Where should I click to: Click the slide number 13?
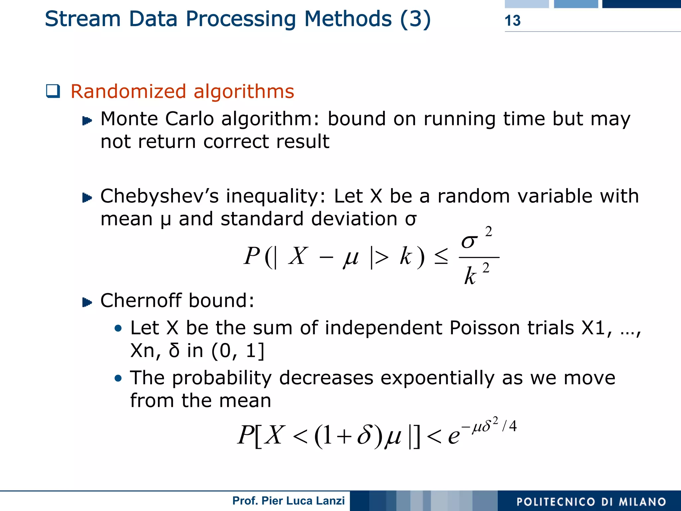coord(512,21)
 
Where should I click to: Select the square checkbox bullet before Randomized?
coord(53,91)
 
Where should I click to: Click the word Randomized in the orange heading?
coord(128,91)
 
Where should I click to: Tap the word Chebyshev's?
coord(159,196)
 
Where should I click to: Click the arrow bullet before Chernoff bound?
coord(87,302)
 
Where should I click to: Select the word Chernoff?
coord(141,301)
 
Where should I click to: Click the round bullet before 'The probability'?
coord(118,378)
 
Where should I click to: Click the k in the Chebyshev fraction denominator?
coord(470,276)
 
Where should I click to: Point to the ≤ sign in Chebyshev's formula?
coord(441,257)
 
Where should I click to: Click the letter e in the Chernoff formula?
coord(454,436)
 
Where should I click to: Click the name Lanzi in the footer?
coord(330,501)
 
